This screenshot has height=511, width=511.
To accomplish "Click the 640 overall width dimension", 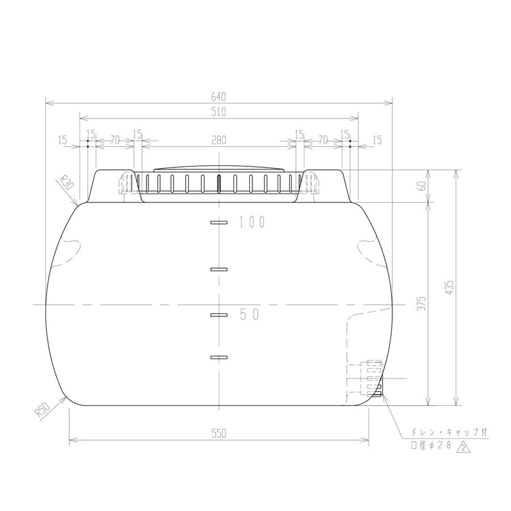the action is coord(219,97).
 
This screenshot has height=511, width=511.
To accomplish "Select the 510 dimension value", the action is coord(219,112).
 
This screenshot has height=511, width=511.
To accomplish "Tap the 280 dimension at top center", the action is coord(219,140).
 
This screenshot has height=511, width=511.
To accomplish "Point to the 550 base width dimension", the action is coord(219,433).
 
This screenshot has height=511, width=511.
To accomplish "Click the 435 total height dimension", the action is coord(450,288).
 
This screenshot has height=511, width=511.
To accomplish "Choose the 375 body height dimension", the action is coord(422,303).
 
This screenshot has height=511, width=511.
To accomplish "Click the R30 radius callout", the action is coord(67,182).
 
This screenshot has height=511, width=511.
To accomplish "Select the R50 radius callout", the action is coord(43,410).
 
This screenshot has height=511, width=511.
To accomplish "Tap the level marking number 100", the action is coord(252,222).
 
